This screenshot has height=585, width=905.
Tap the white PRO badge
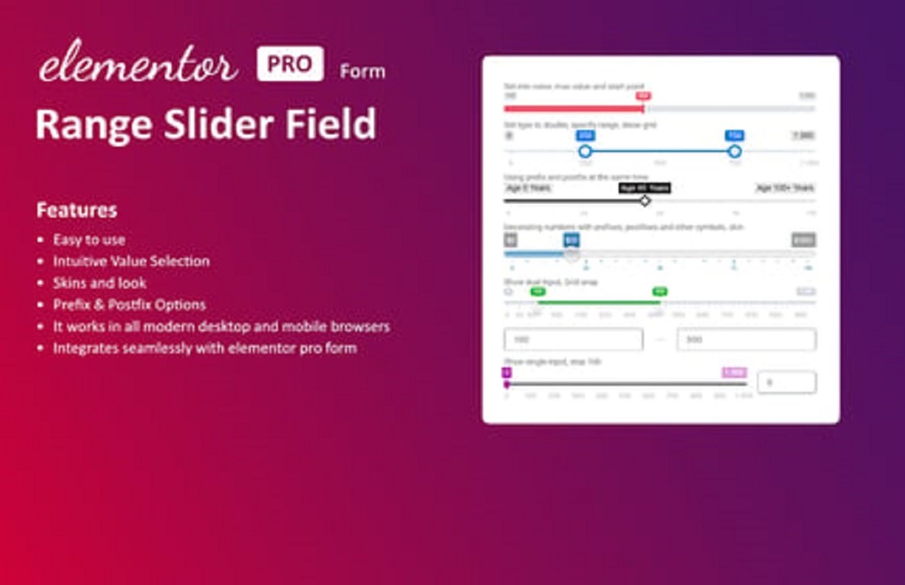(x=289, y=64)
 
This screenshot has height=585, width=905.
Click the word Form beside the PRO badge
(x=362, y=73)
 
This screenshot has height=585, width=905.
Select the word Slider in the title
(x=211, y=124)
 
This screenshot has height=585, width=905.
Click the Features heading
(x=76, y=210)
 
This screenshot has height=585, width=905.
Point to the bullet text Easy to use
(x=89, y=240)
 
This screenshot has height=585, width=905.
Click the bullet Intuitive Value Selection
(x=130, y=261)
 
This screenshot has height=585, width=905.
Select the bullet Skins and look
(x=99, y=283)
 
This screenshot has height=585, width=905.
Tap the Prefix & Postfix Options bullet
(x=129, y=305)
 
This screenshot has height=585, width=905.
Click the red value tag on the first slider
(x=643, y=96)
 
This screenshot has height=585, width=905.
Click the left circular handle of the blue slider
(x=585, y=151)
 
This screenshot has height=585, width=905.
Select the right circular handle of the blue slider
(x=735, y=151)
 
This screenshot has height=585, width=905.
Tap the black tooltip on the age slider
(x=645, y=188)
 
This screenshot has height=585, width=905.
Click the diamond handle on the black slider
(x=645, y=201)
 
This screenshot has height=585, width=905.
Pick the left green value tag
(x=538, y=291)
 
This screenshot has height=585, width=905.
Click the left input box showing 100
(x=573, y=339)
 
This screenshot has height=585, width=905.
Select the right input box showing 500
(x=746, y=339)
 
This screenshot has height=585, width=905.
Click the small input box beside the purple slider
(x=786, y=383)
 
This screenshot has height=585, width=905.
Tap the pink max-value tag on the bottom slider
(x=734, y=372)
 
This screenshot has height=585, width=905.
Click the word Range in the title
(x=86, y=124)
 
